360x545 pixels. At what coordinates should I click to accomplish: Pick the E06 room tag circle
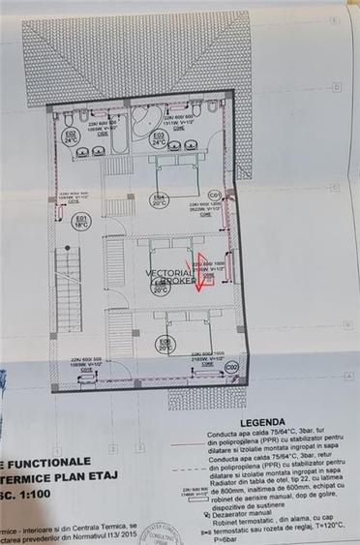[x=165, y=344]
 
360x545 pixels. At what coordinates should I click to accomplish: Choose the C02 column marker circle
[x=231, y=367]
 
